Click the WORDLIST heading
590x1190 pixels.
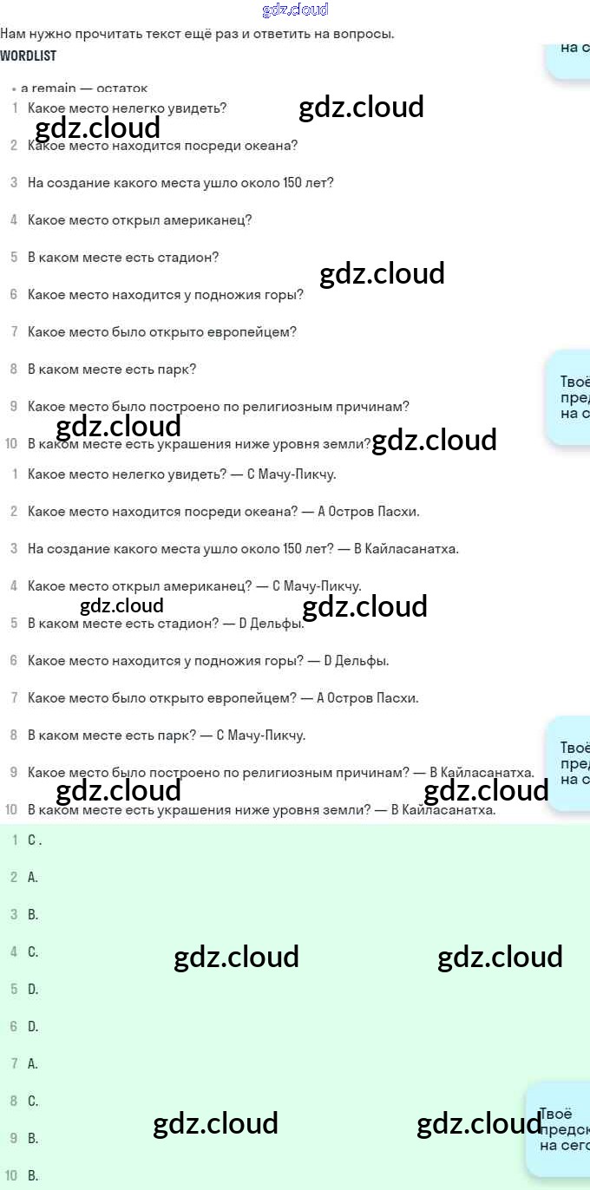[29, 56]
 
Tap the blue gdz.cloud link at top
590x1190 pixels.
[295, 10]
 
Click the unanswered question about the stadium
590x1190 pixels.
[123, 258]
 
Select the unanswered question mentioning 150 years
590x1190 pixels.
[180, 183]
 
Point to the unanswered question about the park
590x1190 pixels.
[112, 369]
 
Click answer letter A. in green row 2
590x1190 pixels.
[33, 877]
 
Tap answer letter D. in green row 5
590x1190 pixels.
[33, 989]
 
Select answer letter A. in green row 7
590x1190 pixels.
[33, 1063]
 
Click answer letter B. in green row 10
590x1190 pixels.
[33, 1176]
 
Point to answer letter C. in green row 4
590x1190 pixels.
[33, 951]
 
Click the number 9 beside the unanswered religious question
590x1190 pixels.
[14, 407]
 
